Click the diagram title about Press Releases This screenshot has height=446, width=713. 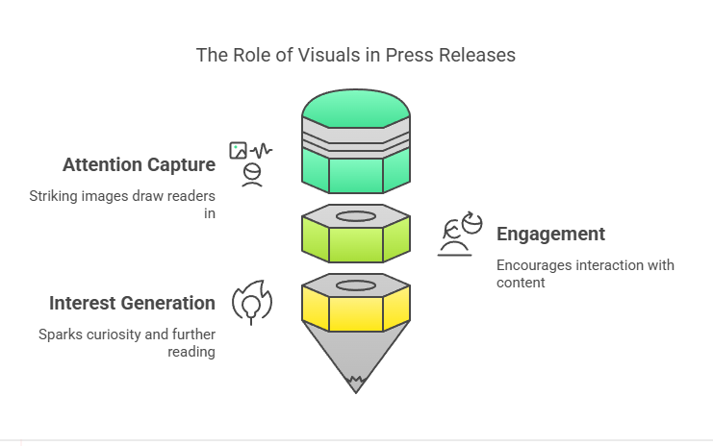coord(356,55)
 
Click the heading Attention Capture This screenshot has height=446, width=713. coord(140,165)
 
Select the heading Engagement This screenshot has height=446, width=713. coord(550,235)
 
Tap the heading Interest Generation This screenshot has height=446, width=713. coord(133,304)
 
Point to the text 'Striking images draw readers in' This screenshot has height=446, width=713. coord(122,205)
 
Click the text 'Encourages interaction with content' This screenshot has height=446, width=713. coord(585,273)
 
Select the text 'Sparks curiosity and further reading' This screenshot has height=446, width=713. coord(127,343)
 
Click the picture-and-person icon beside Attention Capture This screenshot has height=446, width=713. coord(251,164)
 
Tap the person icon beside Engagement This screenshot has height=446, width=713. coord(460,234)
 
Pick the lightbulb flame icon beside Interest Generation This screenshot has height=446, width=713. coord(252,303)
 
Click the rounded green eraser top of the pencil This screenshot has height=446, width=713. coord(356,108)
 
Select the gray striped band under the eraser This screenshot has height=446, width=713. coord(356,138)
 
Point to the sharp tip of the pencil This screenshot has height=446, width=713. coord(356,392)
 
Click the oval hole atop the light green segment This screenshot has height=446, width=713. coord(356,216)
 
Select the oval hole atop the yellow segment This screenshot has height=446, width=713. coord(356,285)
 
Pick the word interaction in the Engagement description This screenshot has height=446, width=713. coord(610,265)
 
